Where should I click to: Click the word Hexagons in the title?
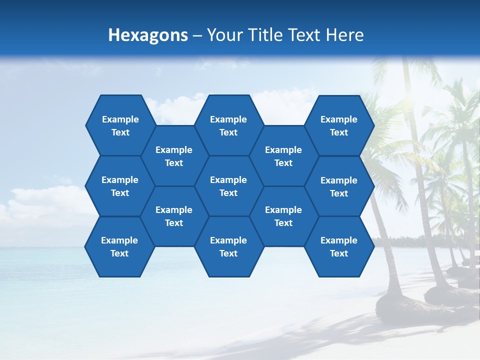(148, 35)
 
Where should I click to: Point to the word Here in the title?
(344, 35)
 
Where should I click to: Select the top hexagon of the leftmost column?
(120, 125)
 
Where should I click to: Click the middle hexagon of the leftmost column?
(120, 186)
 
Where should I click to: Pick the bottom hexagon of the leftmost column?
(119, 246)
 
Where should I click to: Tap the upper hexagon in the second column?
(174, 156)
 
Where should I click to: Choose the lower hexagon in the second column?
(174, 216)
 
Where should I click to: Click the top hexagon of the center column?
(228, 125)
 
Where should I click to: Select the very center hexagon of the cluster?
(228, 186)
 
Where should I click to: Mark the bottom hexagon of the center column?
(228, 246)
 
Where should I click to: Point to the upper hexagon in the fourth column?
(283, 156)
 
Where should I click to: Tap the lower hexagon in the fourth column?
(283, 216)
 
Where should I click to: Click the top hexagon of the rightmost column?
(339, 125)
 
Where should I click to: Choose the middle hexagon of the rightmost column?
(339, 186)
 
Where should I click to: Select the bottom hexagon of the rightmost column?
(339, 246)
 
